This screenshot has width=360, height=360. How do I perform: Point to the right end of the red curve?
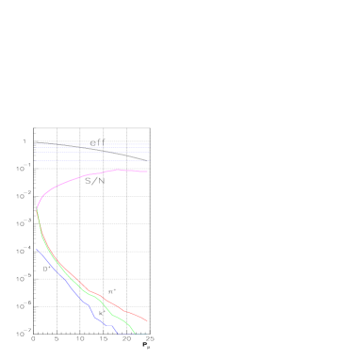[147, 320]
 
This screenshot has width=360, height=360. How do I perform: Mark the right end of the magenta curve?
[148, 172]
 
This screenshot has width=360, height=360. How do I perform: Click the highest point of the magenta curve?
[119, 170]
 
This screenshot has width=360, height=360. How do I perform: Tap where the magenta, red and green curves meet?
[37, 207]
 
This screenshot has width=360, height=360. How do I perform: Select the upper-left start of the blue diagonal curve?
[37, 249]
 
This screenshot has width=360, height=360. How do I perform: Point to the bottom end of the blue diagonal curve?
[117, 334]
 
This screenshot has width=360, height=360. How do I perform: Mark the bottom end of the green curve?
[135, 334]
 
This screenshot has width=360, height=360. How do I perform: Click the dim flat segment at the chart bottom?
[132, 335]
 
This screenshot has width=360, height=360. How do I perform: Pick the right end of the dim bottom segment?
[148, 335]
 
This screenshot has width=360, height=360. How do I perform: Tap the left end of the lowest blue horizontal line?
[36, 160]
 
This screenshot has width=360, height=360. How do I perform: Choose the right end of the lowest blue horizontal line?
[148, 160]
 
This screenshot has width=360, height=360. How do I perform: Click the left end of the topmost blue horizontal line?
[36, 143]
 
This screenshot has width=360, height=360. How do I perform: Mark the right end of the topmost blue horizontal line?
[148, 143]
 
